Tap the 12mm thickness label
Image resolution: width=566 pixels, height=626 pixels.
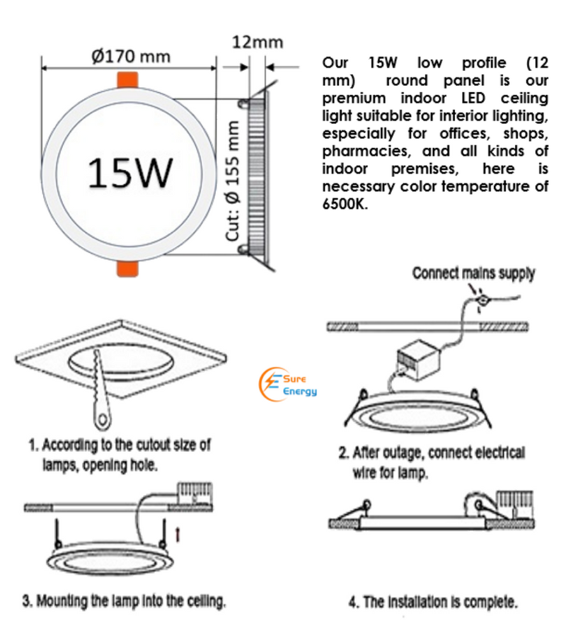tap(258, 42)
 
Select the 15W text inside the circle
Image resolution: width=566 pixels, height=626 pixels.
tap(131, 172)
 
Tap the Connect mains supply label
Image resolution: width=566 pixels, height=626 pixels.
tap(473, 273)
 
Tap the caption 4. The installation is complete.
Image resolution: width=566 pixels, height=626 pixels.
tap(432, 603)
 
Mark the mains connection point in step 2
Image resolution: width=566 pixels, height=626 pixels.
tap(483, 300)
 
